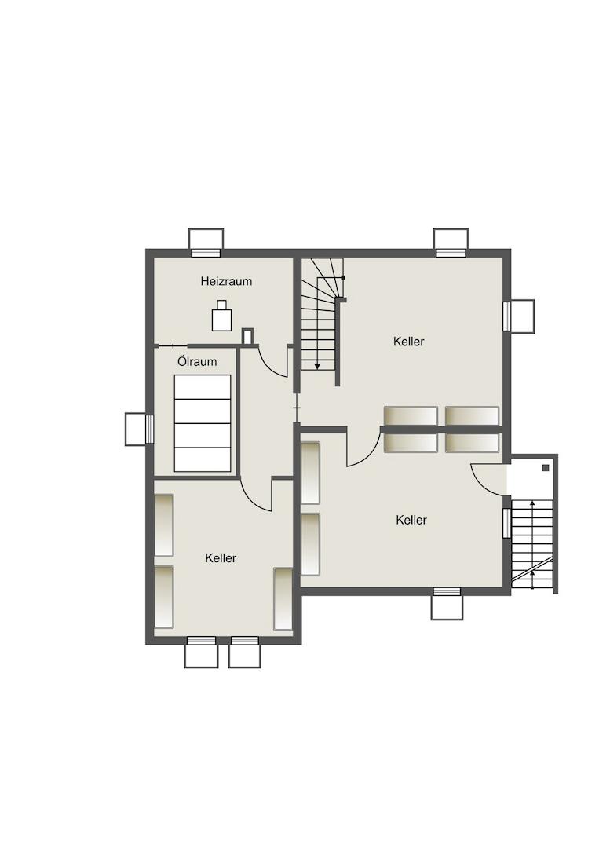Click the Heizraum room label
[x=226, y=281]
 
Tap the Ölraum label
[x=197, y=361]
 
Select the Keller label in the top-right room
[x=409, y=342]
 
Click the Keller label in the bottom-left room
[x=221, y=557]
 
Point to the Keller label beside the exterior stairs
[x=411, y=520]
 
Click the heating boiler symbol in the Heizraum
[x=221, y=316]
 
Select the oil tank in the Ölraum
[x=203, y=423]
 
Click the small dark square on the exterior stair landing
[x=546, y=468]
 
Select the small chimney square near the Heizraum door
[x=247, y=336]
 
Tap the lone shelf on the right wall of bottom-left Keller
[x=283, y=598]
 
